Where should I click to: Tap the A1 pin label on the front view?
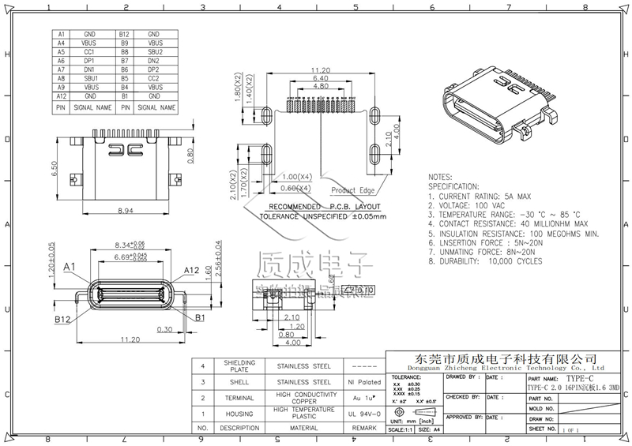[70, 267]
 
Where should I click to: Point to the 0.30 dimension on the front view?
[165, 329]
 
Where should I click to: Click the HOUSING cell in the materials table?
[239, 413]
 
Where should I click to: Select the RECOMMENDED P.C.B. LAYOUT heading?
[325, 205]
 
